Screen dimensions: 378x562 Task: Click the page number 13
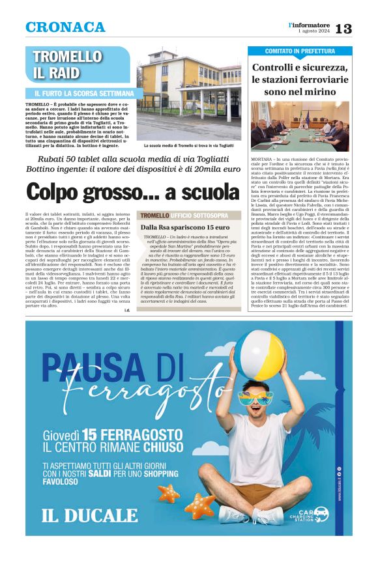[x=343, y=28]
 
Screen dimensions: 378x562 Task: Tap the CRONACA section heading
[x=65, y=27]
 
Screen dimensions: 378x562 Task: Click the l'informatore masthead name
[x=310, y=24]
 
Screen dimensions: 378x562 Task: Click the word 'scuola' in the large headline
[x=192, y=192]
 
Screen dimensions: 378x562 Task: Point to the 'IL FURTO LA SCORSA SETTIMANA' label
[x=83, y=94]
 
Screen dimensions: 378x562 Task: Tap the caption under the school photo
[x=190, y=146]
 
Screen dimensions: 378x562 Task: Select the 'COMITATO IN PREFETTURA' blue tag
[x=299, y=51]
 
